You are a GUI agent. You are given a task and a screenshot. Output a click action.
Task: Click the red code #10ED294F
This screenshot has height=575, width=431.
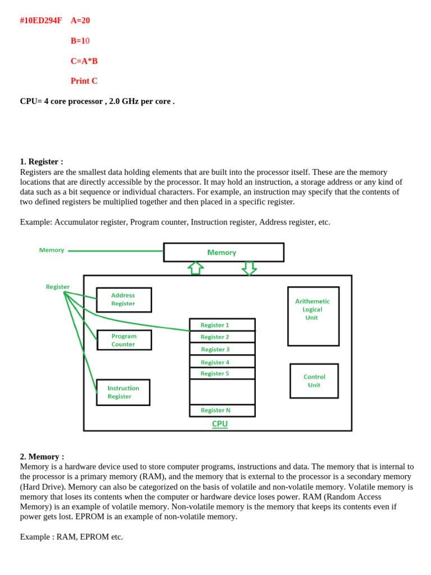(x=40, y=21)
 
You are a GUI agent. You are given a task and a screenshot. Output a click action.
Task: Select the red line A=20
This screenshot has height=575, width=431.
(x=80, y=21)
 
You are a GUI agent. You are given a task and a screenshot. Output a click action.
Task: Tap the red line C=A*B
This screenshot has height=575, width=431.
(x=84, y=61)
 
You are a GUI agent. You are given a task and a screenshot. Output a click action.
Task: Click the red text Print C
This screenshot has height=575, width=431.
(x=84, y=81)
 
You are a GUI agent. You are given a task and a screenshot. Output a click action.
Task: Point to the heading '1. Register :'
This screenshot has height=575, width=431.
(x=42, y=162)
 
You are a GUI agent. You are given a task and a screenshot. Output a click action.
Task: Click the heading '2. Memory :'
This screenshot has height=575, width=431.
(x=42, y=457)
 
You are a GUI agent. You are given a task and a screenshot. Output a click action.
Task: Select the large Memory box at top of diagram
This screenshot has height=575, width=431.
(x=223, y=252)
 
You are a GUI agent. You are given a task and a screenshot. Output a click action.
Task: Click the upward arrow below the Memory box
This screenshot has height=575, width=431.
(x=195, y=268)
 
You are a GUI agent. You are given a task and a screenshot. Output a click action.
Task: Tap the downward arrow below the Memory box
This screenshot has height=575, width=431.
(x=249, y=268)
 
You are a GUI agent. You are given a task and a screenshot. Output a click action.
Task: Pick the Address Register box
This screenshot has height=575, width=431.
(x=123, y=300)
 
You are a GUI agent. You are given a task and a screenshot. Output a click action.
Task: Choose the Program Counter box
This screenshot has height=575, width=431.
(x=124, y=340)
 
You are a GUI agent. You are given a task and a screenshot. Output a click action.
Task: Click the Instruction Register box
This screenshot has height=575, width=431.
(x=123, y=392)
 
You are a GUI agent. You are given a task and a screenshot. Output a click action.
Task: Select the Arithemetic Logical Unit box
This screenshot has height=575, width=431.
(x=313, y=316)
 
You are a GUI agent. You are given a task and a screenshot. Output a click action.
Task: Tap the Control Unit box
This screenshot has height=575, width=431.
(x=314, y=381)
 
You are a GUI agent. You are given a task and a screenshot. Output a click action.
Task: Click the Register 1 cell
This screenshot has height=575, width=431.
(x=222, y=325)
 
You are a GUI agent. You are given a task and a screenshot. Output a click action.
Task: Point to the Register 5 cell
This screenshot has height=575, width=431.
(x=222, y=373)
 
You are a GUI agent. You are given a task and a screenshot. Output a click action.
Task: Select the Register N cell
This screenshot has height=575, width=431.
(x=222, y=410)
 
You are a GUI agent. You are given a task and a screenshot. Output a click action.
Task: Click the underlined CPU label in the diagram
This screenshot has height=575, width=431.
(x=220, y=424)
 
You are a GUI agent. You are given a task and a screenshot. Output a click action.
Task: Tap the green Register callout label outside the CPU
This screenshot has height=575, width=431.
(x=58, y=287)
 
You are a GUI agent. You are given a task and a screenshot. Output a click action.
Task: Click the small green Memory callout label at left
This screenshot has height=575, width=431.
(x=52, y=250)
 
